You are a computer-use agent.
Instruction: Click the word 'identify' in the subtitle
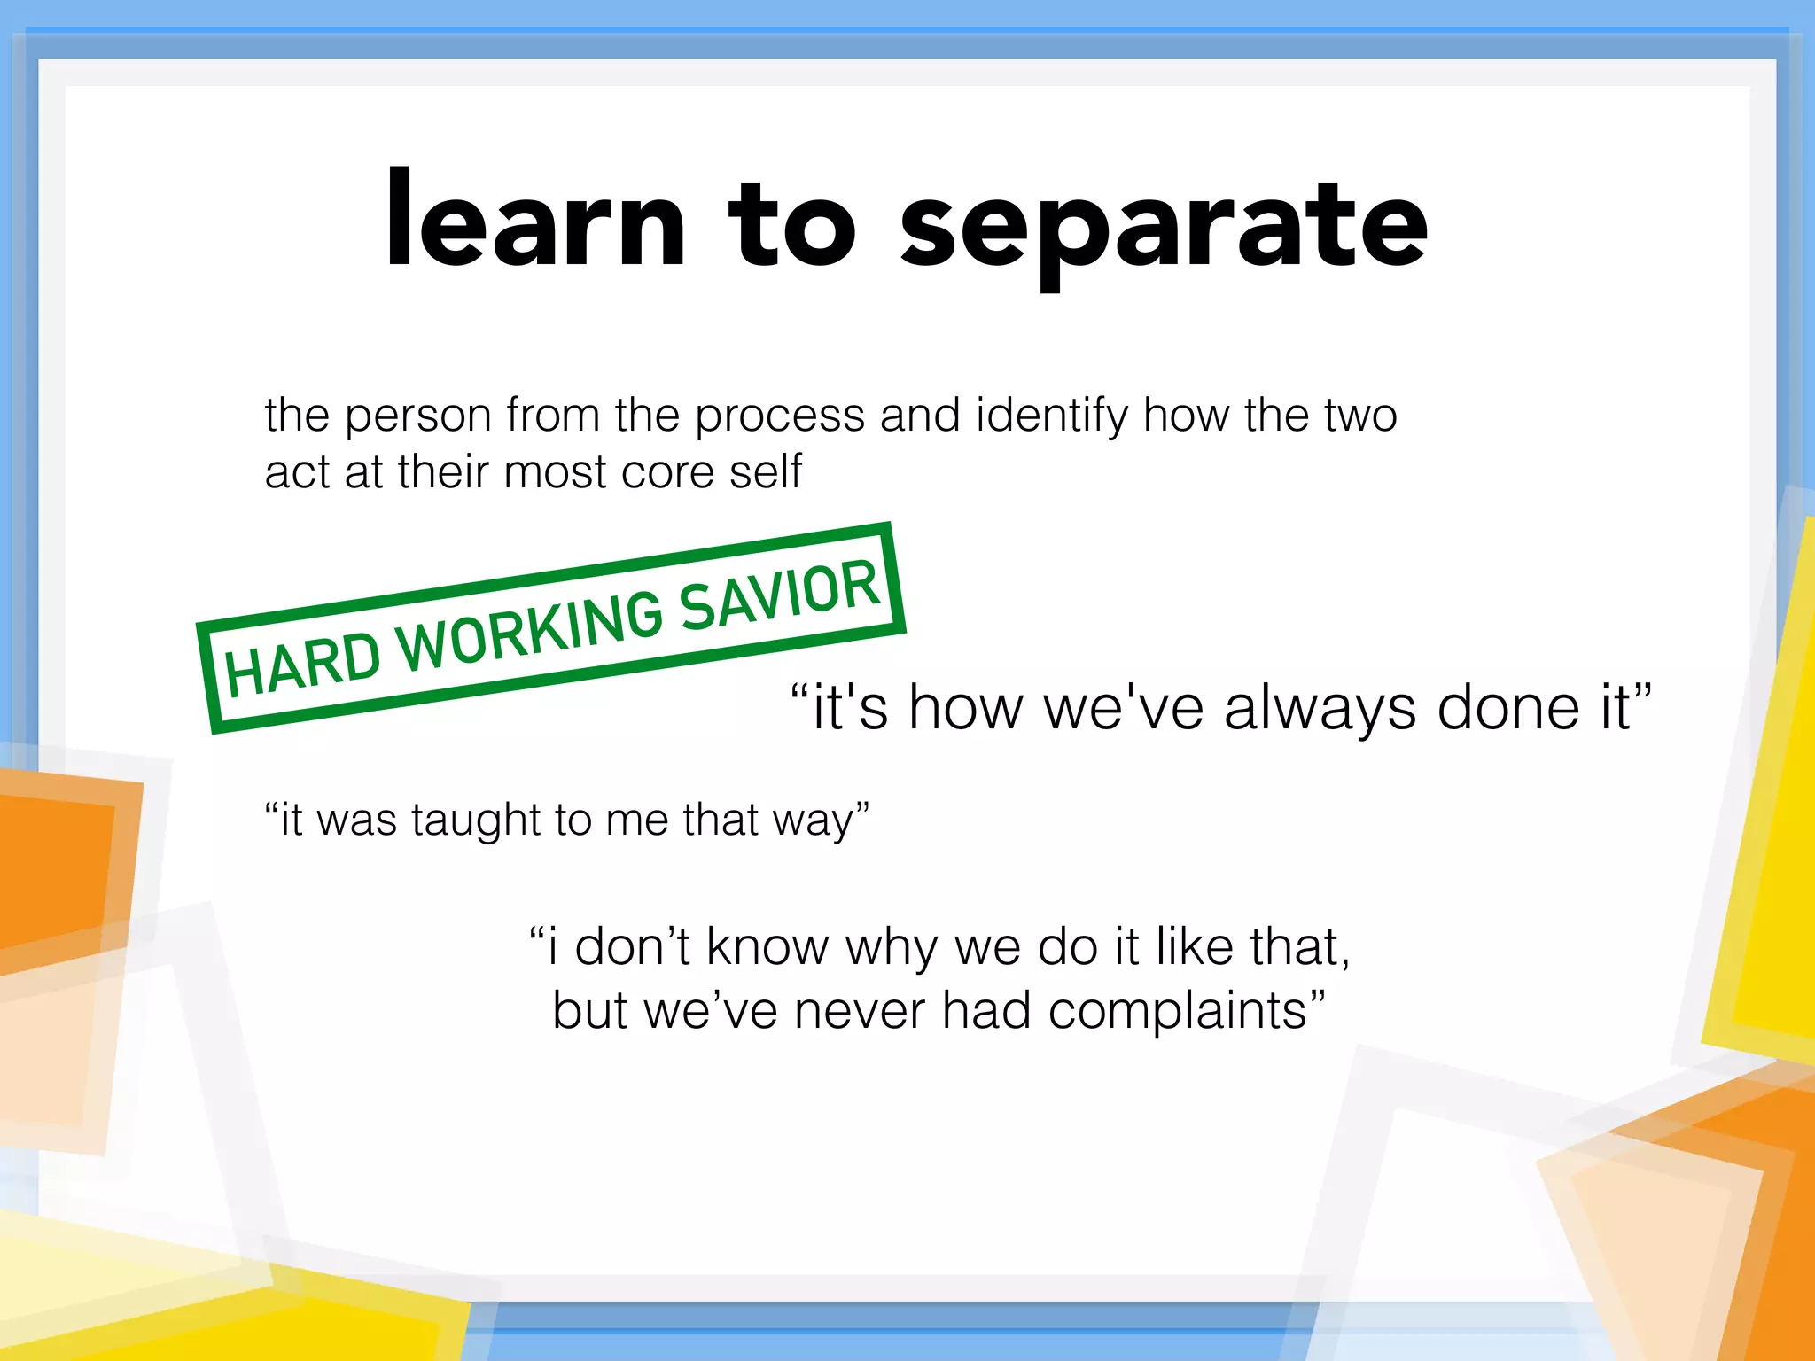pos(1051,416)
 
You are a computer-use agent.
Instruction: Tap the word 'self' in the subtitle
pos(766,471)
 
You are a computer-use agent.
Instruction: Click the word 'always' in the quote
pos(1320,709)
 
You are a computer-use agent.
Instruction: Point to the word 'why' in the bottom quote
pos(891,948)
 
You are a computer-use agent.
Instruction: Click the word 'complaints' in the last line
pos(1179,1012)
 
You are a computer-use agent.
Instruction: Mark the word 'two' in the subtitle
pos(1360,416)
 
